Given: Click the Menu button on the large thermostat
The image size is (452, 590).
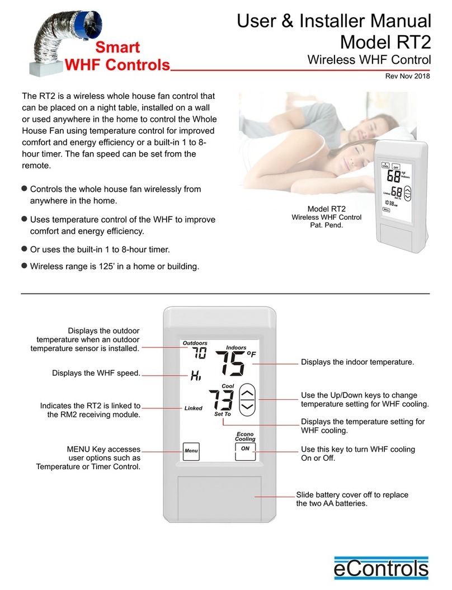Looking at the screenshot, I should click(x=191, y=451).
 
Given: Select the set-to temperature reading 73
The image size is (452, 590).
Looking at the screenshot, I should click(x=221, y=400).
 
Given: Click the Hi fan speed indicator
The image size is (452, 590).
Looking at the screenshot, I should click(x=196, y=376).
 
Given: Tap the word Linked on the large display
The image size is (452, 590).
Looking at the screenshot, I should click(x=193, y=408).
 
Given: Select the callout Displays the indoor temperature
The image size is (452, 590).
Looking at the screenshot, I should click(x=357, y=362).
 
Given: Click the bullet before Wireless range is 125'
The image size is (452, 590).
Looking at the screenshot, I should click(x=24, y=266).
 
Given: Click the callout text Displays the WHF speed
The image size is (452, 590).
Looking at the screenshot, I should click(x=96, y=372).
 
